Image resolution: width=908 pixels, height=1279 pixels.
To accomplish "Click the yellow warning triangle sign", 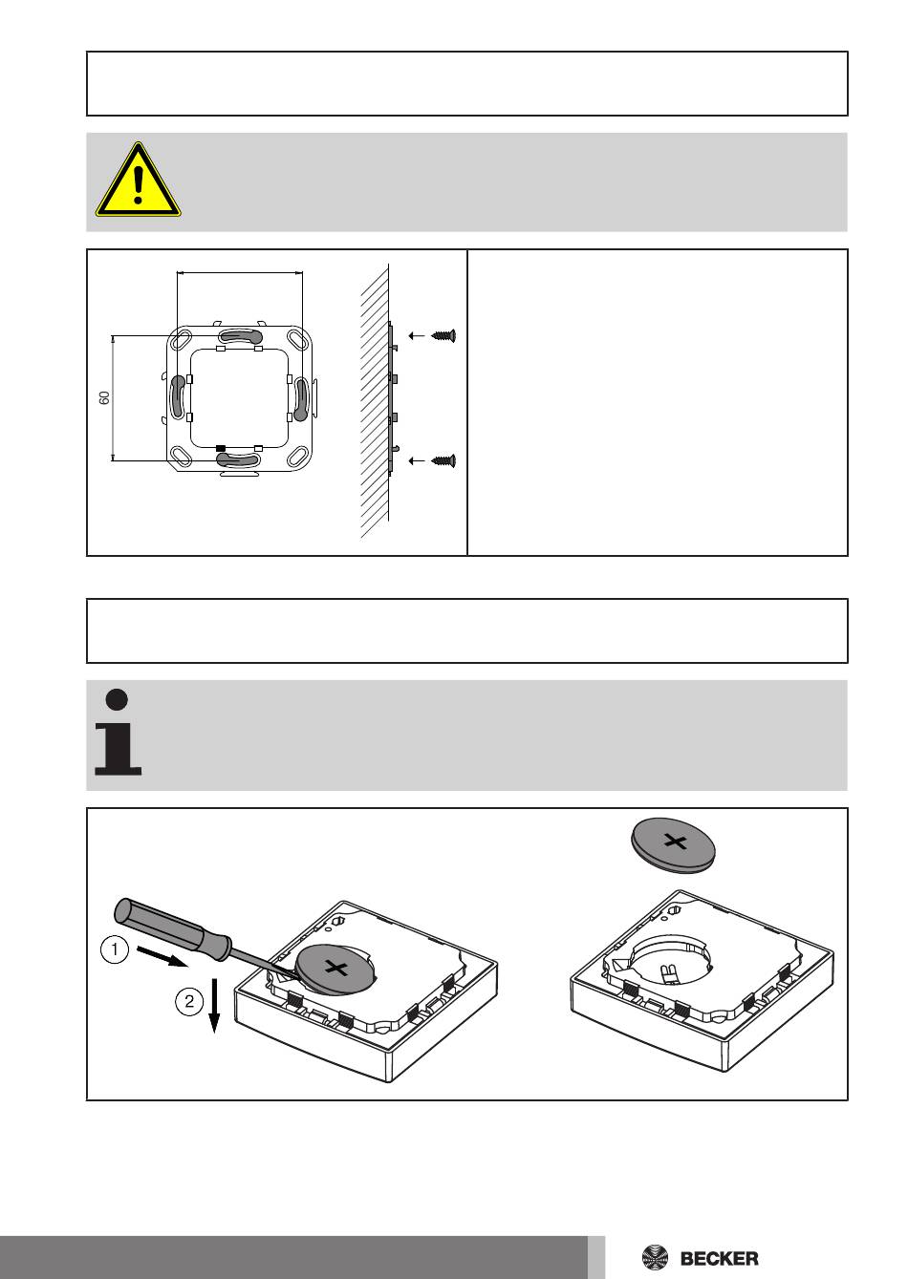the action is [x=139, y=181].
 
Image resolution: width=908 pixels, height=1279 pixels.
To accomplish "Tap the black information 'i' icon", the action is [x=118, y=733].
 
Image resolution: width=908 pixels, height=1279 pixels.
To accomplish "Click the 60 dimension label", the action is [x=104, y=398].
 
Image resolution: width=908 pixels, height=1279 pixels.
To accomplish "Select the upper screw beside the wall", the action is [x=444, y=335].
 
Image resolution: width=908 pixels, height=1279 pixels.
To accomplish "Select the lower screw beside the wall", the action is [x=444, y=460].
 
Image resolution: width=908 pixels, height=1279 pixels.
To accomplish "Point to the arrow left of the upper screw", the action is [x=417, y=335].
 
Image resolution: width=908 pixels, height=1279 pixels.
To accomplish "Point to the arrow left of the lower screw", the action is [x=417, y=460].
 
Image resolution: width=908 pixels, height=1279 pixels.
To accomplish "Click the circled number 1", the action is [x=115, y=949].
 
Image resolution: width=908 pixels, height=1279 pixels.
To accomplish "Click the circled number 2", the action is [x=189, y=1001].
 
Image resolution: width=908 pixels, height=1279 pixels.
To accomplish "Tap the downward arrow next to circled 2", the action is [x=214, y=1006].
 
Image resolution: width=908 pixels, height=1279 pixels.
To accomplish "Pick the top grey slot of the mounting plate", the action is [x=240, y=335].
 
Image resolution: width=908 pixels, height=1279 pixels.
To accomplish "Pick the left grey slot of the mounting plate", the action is [x=179, y=396].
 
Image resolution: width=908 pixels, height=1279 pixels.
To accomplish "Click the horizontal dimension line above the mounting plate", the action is [x=240, y=273].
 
